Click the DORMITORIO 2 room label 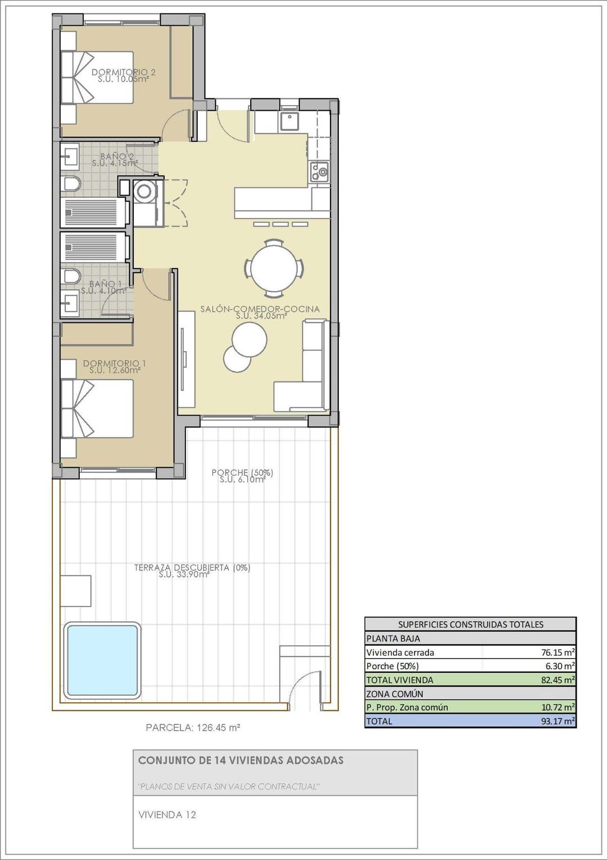click(x=123, y=73)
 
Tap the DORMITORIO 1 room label click(x=115, y=364)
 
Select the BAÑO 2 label click(x=117, y=156)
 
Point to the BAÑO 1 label click(x=105, y=284)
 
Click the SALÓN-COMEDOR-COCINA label click(x=260, y=309)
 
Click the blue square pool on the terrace click(x=102, y=660)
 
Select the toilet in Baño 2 click(x=71, y=184)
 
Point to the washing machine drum click(x=145, y=191)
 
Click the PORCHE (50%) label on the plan click(x=242, y=473)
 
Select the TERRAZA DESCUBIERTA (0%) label click(x=192, y=568)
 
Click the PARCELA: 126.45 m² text click(x=193, y=727)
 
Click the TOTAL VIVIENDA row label click(x=400, y=680)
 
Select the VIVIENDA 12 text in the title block click(x=167, y=814)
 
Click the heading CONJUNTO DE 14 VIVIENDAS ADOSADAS click(x=241, y=760)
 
